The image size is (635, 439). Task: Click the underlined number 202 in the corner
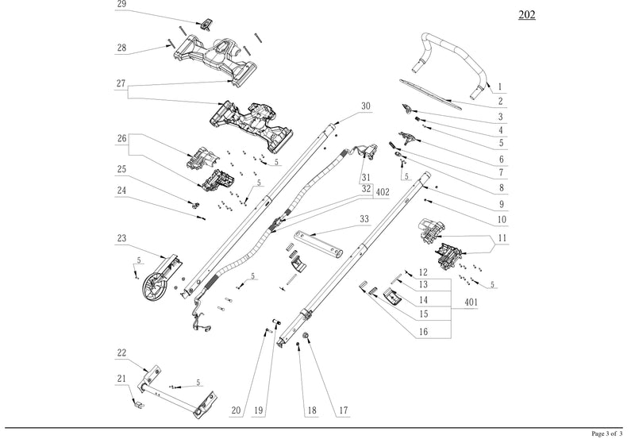coord(525,15)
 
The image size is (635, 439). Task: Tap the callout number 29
coord(121,4)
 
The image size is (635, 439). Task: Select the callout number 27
coord(121,83)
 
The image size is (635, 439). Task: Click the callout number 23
coord(121,238)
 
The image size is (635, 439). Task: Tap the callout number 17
coord(344,410)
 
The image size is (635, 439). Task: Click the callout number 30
coord(365,106)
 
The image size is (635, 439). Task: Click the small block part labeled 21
coord(136,403)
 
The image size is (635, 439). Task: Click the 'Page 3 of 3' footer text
coord(607,434)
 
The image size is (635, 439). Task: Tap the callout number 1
coord(500,87)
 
